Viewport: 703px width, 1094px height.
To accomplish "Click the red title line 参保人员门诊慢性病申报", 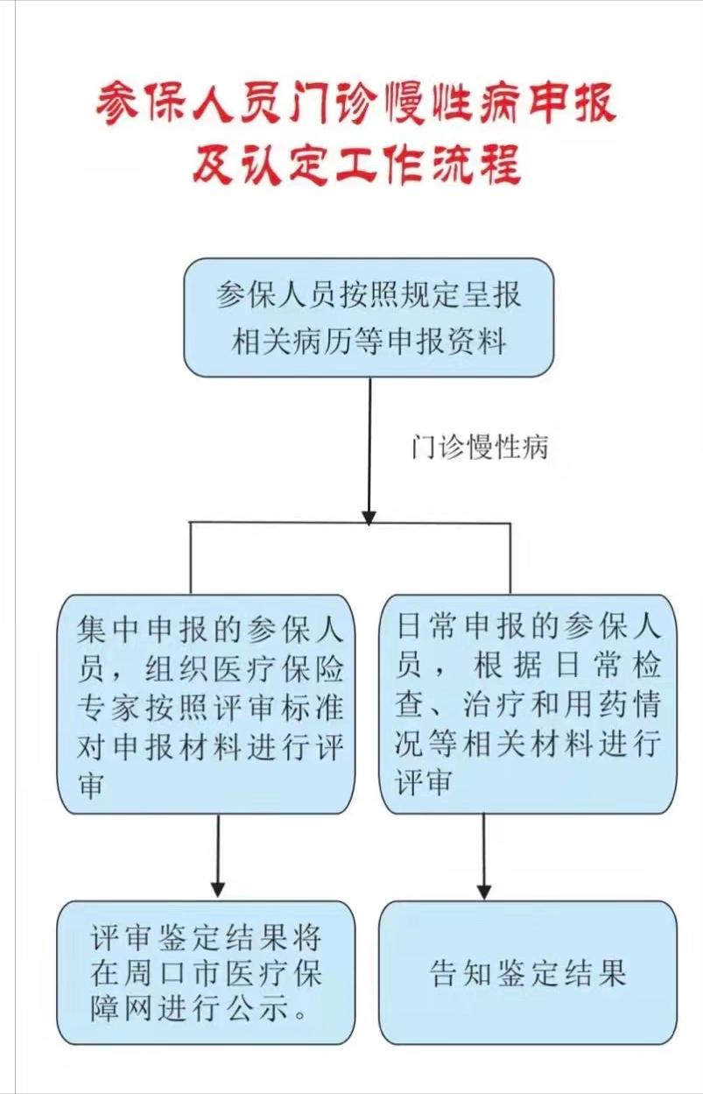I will (355, 104).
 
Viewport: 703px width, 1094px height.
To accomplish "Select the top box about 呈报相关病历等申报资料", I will (369, 317).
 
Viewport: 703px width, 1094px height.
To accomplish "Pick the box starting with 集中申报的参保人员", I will (207, 704).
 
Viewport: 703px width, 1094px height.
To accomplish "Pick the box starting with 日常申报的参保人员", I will (528, 704).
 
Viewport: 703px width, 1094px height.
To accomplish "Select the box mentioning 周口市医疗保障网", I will (207, 972).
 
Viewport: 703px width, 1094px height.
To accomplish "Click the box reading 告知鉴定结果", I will (528, 972).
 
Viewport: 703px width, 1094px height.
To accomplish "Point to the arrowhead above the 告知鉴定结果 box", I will (484, 891).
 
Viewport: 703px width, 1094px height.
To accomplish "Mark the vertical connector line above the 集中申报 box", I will (190, 559).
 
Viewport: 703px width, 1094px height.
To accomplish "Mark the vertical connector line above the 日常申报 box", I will (510, 559).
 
